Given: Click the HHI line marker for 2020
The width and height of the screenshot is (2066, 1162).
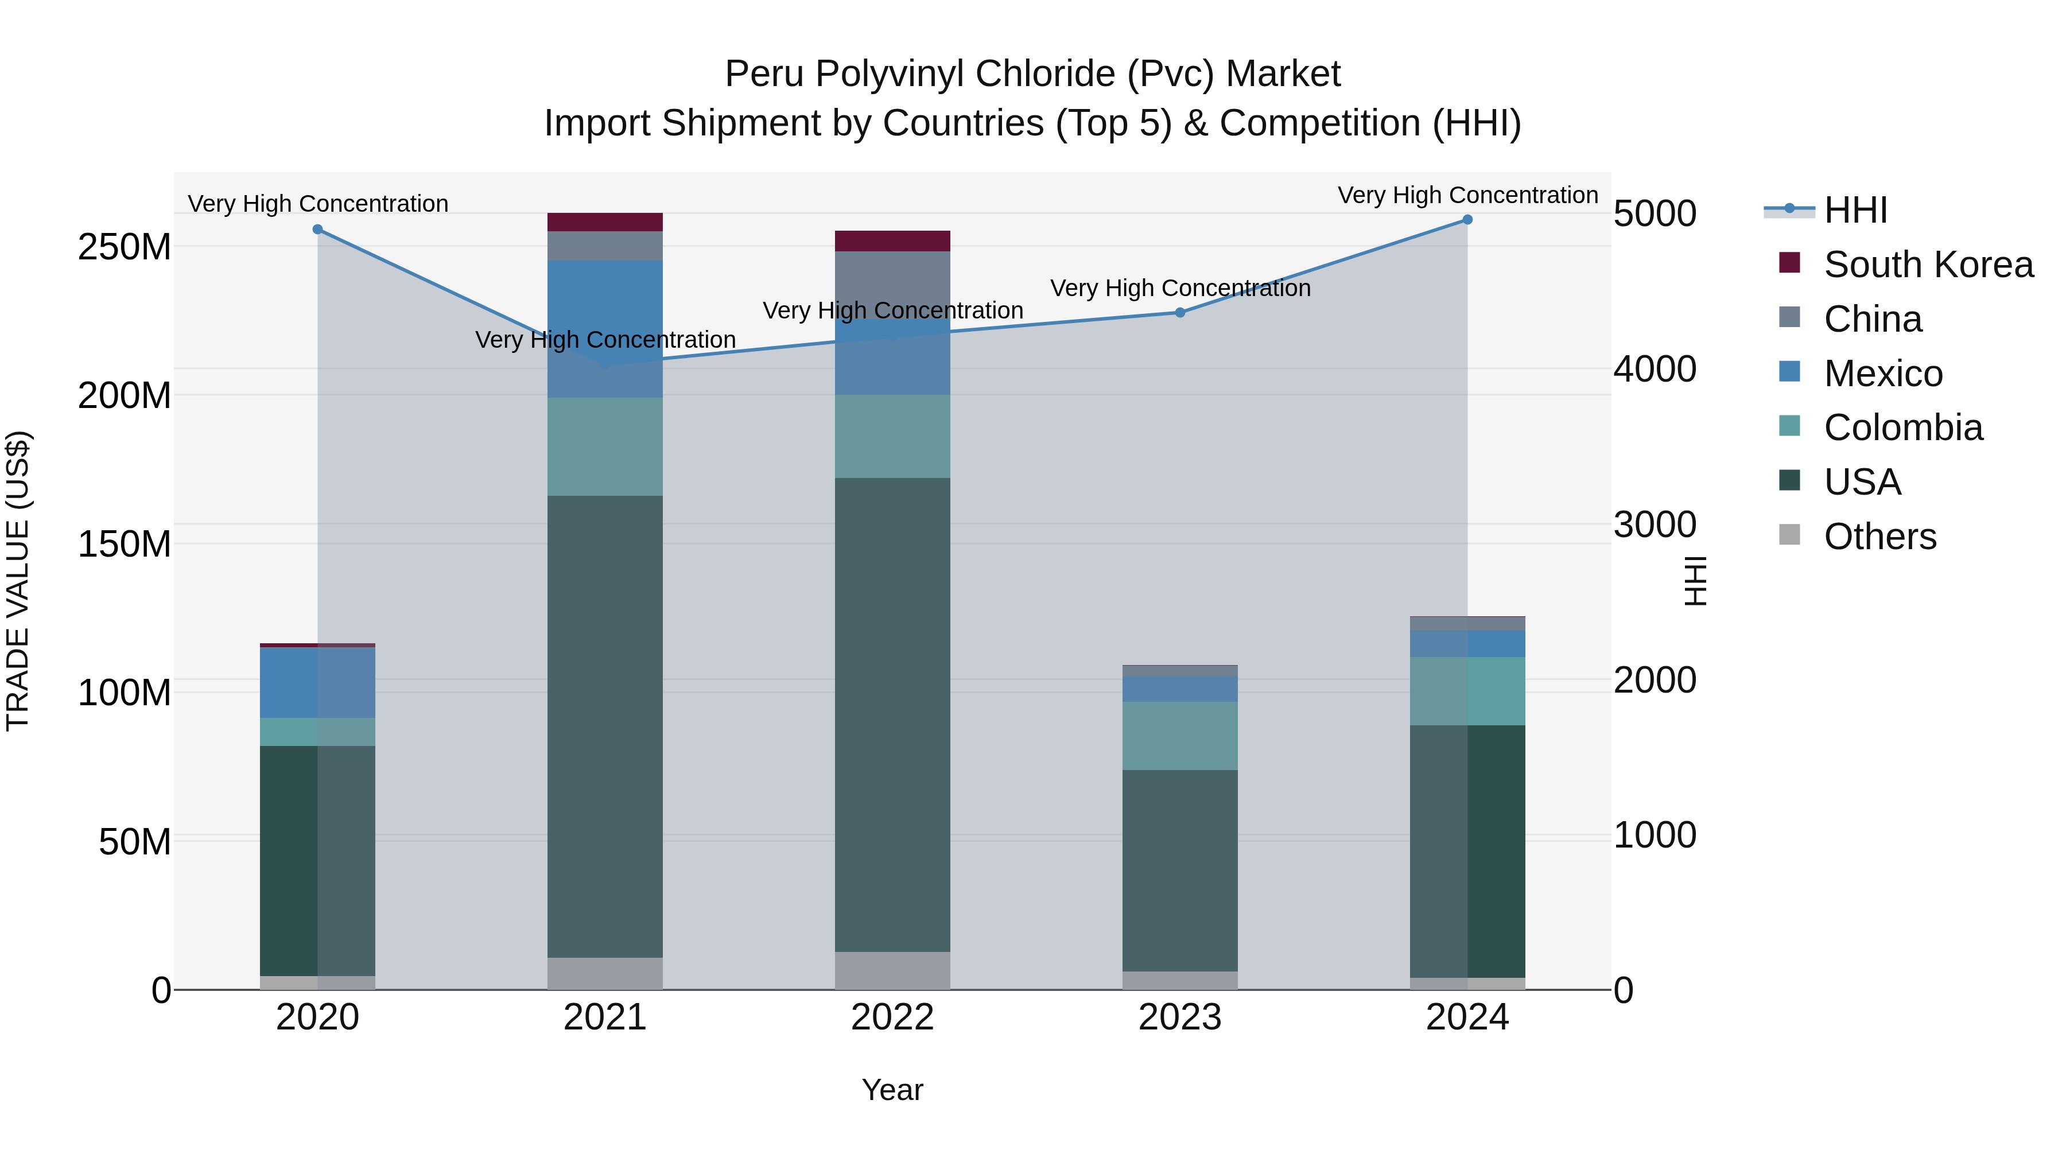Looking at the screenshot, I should point(317,230).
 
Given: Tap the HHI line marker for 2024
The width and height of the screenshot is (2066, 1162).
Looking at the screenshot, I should point(1467,220).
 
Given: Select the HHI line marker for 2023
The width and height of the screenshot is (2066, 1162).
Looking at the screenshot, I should point(1180,313).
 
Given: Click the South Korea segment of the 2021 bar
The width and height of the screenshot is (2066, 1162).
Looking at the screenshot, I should point(605,222).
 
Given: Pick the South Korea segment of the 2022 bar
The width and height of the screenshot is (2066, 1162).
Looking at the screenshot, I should point(892,240).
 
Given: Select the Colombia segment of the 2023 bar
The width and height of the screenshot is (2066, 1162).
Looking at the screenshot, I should point(1180,736).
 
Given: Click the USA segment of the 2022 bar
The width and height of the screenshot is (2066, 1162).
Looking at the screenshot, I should point(892,714).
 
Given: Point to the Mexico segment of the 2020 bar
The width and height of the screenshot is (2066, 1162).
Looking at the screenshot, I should point(317,682).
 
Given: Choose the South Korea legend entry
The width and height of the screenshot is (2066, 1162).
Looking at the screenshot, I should point(1928,265).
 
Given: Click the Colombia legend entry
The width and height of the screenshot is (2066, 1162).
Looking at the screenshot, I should point(1902,428).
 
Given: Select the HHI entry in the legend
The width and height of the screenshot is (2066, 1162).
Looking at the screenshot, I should point(1855,210).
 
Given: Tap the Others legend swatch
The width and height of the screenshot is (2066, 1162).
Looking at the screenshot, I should point(1789,535).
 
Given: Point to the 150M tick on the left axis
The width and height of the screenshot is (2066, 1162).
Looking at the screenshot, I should point(125,545).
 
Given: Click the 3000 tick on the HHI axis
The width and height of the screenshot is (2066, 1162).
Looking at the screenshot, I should point(1655,524).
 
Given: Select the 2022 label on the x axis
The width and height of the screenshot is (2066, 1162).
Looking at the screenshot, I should point(892,1017).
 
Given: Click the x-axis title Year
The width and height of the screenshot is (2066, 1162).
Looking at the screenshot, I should point(892,1090).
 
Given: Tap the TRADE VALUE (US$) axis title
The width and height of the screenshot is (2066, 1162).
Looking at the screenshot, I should point(18,581).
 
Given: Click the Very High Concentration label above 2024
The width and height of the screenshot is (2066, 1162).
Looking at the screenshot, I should point(1467,195).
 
